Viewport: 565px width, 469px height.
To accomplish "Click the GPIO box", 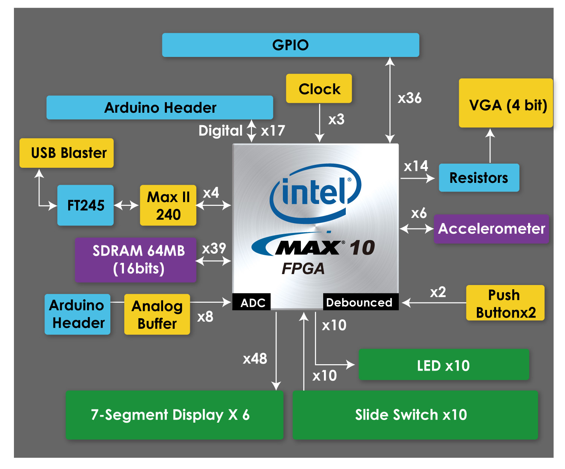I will coord(290,45).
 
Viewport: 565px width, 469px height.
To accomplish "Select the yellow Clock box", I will coord(319,89).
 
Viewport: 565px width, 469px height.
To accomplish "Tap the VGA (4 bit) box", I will coord(506,103).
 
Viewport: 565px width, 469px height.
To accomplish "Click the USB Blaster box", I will coord(67,153).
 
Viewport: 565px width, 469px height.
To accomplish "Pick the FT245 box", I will coord(86,205).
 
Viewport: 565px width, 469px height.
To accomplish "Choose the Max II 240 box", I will coord(168,205).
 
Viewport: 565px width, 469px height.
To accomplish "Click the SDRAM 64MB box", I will coord(136,260).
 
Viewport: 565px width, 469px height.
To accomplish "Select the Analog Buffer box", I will coord(157,314).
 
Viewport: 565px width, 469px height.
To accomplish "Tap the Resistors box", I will coord(479,178).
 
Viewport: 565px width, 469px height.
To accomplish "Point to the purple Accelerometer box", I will coord(492,229).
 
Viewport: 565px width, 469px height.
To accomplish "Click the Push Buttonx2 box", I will coord(505,303).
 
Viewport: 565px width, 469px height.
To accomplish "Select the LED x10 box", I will coord(444,365).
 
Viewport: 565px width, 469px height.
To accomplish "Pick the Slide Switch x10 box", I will coord(415,415).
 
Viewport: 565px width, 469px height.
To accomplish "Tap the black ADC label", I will coord(252,302).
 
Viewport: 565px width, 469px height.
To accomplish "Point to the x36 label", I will coord(409,98).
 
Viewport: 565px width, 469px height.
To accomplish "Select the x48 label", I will coord(255,359).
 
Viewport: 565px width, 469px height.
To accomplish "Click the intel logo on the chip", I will coord(315,192).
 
